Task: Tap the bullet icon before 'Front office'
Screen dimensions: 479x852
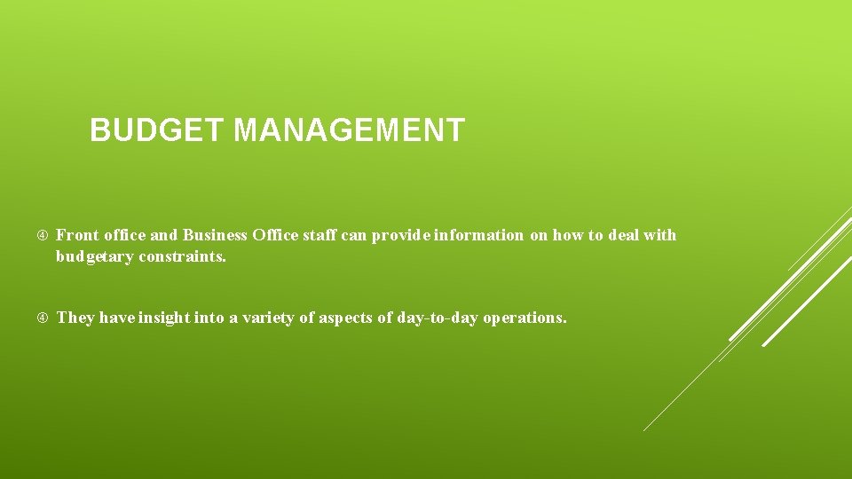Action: (42, 236)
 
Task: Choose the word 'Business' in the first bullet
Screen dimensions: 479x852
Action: (215, 235)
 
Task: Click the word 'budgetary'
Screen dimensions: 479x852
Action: (95, 257)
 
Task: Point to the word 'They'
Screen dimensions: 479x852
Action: (75, 318)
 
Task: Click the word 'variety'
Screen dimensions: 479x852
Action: (267, 318)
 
